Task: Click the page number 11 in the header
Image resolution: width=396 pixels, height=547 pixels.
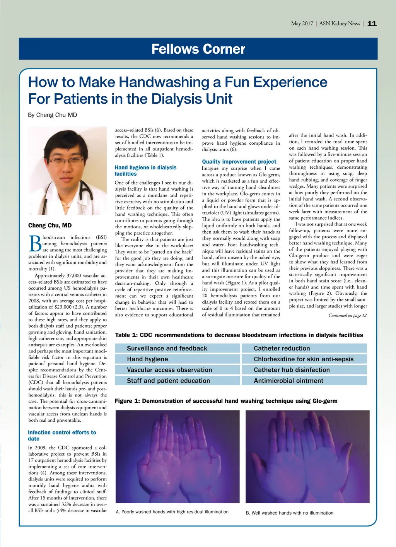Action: (372, 24)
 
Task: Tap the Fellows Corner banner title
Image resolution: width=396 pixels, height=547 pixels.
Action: (198, 49)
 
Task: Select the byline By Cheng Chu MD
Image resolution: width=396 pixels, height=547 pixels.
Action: (53, 115)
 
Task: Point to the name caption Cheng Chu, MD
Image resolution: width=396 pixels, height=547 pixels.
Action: (50, 226)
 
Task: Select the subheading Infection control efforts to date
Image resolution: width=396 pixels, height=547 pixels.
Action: (62, 436)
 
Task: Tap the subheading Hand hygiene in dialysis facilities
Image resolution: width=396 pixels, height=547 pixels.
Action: (145, 171)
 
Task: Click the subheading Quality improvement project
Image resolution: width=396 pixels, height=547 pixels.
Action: (239, 162)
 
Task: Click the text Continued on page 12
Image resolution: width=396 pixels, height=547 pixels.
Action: (347, 315)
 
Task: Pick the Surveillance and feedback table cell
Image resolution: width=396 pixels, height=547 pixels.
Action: (178, 348)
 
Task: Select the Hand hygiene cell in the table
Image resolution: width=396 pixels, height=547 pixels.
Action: (178, 359)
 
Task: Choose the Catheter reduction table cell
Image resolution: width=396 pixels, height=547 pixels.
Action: (304, 348)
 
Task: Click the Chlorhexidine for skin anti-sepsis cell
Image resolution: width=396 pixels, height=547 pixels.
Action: (304, 359)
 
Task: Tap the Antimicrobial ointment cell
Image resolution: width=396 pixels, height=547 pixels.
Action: (304, 381)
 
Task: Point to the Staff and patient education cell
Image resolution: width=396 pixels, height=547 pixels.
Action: (178, 381)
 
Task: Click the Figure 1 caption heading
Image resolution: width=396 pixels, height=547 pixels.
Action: (226, 401)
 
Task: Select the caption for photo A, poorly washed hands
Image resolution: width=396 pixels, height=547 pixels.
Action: (172, 512)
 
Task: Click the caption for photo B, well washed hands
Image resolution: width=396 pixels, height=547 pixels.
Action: (290, 513)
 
